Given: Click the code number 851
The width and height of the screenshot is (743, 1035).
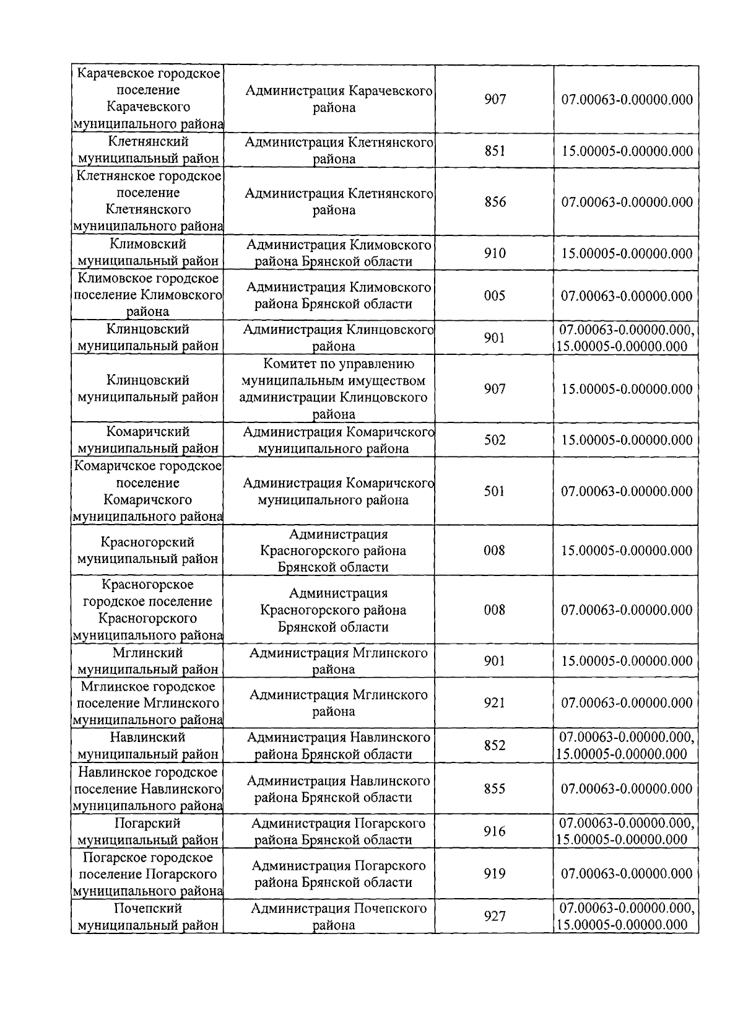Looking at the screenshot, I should [x=495, y=151].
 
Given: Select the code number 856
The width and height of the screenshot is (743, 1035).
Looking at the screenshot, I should [x=495, y=202].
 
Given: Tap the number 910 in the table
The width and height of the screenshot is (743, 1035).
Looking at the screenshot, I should [x=495, y=253].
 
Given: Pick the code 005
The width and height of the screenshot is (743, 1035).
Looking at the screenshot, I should [x=495, y=295].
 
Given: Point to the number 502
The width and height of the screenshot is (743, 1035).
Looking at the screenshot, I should [x=495, y=440].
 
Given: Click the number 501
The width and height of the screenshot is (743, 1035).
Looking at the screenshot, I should [x=495, y=491].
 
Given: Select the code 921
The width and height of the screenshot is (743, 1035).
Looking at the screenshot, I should [x=495, y=702].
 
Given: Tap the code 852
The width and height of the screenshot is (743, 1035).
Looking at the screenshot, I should [x=495, y=745].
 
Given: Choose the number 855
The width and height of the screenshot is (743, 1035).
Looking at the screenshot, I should [x=495, y=788].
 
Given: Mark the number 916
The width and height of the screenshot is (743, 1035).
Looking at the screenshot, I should [x=495, y=831].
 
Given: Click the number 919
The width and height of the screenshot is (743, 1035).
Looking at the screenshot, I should [x=495, y=873].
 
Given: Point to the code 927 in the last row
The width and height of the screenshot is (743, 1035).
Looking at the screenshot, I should [x=495, y=916].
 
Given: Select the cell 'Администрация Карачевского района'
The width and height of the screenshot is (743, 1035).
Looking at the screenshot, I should [x=338, y=99].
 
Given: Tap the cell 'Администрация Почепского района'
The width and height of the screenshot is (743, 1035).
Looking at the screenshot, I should [x=338, y=917].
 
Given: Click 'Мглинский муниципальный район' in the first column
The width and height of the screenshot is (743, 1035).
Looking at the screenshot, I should [x=147, y=661].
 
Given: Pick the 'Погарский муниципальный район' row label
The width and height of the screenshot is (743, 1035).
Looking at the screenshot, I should [x=147, y=831].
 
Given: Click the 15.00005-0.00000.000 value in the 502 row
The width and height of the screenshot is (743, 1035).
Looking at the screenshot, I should [x=627, y=440].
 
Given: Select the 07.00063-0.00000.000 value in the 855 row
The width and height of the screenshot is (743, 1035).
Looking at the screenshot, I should [x=627, y=788].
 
